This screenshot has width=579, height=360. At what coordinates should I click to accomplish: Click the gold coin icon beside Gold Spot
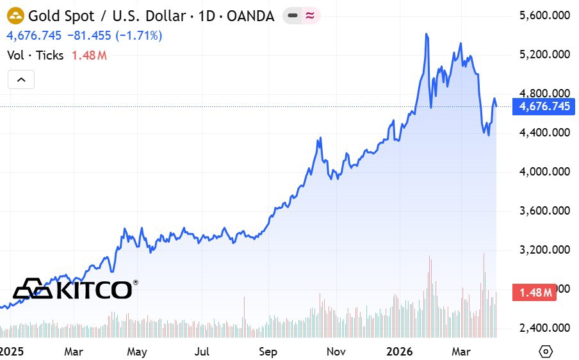coord(15,15)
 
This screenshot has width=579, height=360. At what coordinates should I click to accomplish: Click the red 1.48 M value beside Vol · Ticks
coord(88,55)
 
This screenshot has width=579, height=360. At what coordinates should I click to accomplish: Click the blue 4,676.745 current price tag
coord(544,106)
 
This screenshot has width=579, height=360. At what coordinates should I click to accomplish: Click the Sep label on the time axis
coord(268,352)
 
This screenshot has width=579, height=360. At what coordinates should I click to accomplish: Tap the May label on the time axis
coord(137,352)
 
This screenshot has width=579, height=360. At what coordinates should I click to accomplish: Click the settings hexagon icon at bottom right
coord(546,351)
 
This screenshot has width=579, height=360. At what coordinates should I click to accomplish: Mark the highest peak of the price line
coord(427,33)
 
